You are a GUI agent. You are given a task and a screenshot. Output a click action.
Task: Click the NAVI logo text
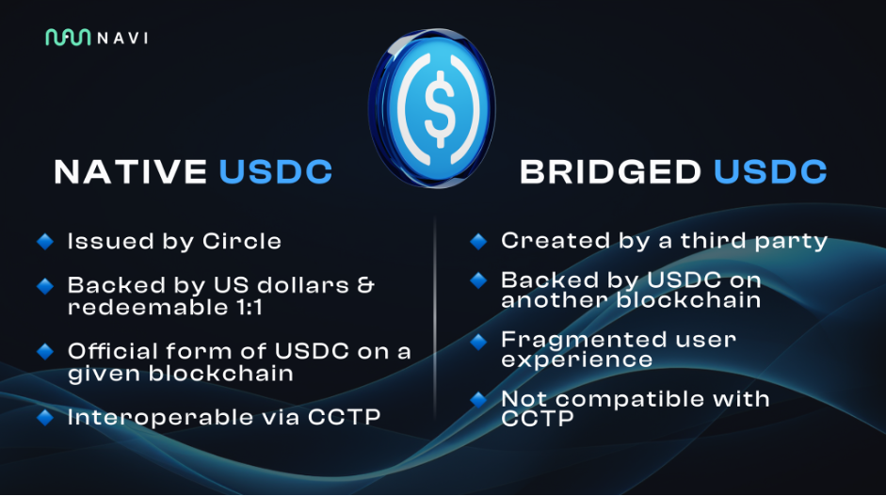coord(122,38)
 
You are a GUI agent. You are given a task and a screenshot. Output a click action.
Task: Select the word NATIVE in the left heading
coord(131,172)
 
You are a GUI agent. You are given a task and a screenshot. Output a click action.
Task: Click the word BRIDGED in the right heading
coord(610,172)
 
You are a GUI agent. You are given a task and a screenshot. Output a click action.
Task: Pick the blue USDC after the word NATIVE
coord(276,172)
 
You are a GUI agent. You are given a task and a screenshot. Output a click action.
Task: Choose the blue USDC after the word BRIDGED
coord(770,172)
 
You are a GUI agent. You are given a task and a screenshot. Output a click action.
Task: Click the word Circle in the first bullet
coord(242,241)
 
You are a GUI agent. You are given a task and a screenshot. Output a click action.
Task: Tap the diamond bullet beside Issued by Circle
coord(44,242)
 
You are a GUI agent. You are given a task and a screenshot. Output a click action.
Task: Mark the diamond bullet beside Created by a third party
coord(478,242)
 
